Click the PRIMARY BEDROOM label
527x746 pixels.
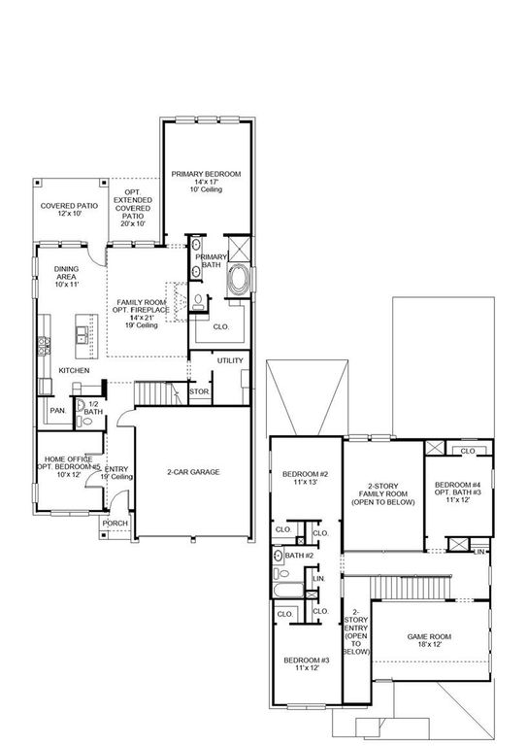(206, 174)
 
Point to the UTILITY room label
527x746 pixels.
(230, 360)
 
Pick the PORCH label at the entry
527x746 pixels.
(115, 523)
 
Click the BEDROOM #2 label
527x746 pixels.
(306, 474)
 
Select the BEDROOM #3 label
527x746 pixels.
(307, 661)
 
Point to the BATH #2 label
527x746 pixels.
(299, 555)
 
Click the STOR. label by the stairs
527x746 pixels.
(199, 391)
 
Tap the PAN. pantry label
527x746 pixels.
(56, 411)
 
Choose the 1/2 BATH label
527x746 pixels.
(93, 408)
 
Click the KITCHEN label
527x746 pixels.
(74, 370)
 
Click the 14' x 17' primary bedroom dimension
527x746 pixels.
(206, 183)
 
